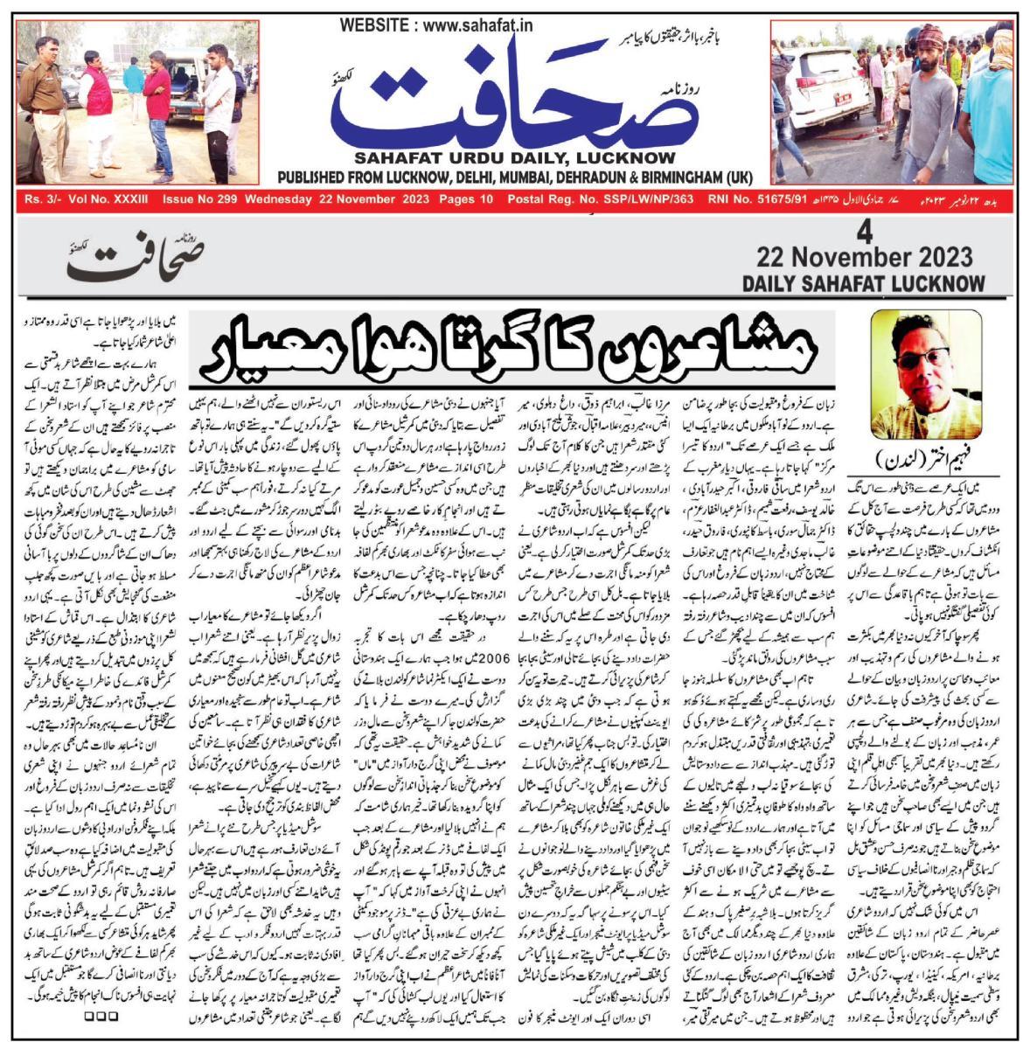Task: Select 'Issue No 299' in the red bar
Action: [x=199, y=199]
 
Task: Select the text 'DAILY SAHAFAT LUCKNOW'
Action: [x=863, y=283]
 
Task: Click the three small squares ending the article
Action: [x=101, y=1017]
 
